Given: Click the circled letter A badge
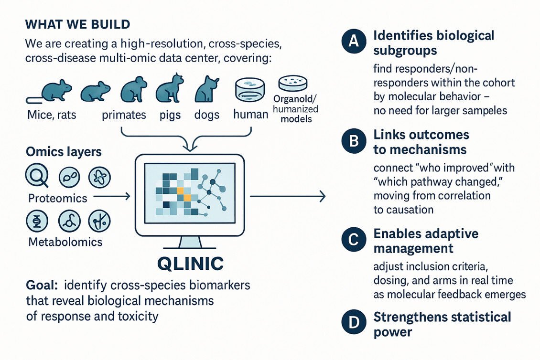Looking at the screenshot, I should tap(353, 42).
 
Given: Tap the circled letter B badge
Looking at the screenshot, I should tap(353, 142).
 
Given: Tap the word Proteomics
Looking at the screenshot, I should tap(57, 198).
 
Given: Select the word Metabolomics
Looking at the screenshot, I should tap(65, 242).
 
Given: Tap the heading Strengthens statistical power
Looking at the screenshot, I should tap(442, 324).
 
